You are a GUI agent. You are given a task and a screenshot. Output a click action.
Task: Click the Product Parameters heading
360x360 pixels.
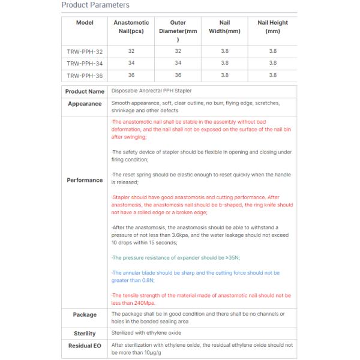(95, 5)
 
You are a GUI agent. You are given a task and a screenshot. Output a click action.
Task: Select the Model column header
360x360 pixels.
(85, 23)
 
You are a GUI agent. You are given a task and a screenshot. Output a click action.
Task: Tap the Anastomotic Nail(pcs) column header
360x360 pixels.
(131, 27)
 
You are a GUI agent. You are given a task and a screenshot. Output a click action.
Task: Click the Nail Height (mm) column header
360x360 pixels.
(272, 27)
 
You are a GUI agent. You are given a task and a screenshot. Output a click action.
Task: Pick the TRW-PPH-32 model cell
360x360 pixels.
(85, 52)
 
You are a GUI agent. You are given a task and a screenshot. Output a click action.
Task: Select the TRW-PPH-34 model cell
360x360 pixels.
(85, 63)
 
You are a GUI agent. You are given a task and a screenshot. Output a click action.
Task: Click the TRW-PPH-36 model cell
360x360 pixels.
(85, 76)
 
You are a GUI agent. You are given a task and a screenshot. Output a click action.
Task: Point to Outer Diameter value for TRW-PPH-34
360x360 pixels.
(178, 63)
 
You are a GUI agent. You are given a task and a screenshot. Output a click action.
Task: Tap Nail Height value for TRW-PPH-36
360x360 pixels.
(272, 76)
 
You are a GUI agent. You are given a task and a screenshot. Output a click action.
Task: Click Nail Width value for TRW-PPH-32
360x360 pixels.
(224, 52)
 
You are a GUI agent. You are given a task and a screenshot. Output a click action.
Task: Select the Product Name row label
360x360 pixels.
(85, 92)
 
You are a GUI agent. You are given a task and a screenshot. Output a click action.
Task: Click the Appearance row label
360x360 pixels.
(85, 104)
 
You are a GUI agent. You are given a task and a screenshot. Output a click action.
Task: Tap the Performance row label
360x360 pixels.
(85, 180)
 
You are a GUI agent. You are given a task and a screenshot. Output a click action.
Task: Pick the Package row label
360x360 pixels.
(85, 314)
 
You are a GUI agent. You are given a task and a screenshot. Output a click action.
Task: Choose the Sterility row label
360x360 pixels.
(85, 333)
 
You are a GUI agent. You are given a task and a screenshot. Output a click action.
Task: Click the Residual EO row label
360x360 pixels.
(85, 346)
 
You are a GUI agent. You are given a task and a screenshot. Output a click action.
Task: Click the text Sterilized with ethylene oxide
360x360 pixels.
(146, 332)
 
